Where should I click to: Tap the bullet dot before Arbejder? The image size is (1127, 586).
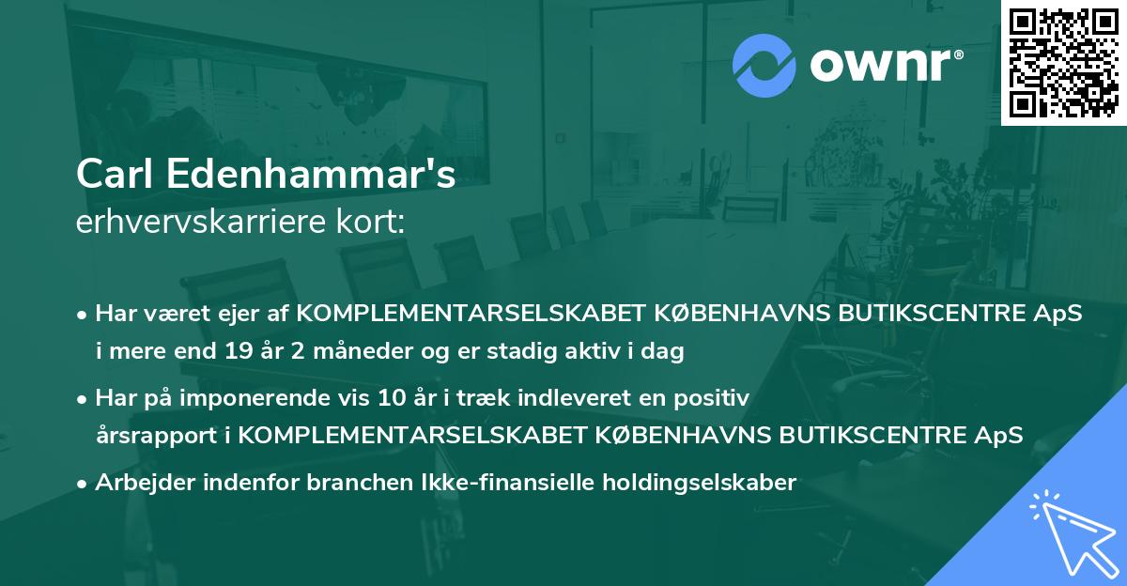click(83, 484)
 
